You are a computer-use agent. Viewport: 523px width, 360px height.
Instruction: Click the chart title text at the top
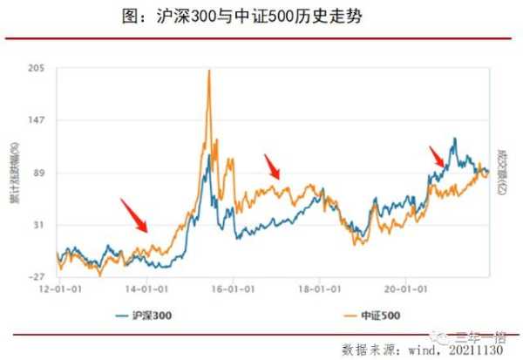(x=261, y=17)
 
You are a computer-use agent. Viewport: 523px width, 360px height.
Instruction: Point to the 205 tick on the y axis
(x=37, y=69)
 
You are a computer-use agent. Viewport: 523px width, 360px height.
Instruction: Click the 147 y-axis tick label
(x=37, y=120)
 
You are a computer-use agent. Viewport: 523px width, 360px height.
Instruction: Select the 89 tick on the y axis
(x=39, y=173)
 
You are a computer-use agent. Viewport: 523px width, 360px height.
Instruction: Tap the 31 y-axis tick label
(x=39, y=225)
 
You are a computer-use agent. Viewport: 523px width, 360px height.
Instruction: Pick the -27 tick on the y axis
(x=37, y=276)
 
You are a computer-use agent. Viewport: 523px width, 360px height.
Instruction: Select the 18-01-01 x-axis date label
(x=318, y=286)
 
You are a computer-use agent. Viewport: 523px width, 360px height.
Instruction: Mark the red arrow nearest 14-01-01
(x=133, y=214)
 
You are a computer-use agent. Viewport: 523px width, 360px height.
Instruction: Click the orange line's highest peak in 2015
(x=209, y=71)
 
